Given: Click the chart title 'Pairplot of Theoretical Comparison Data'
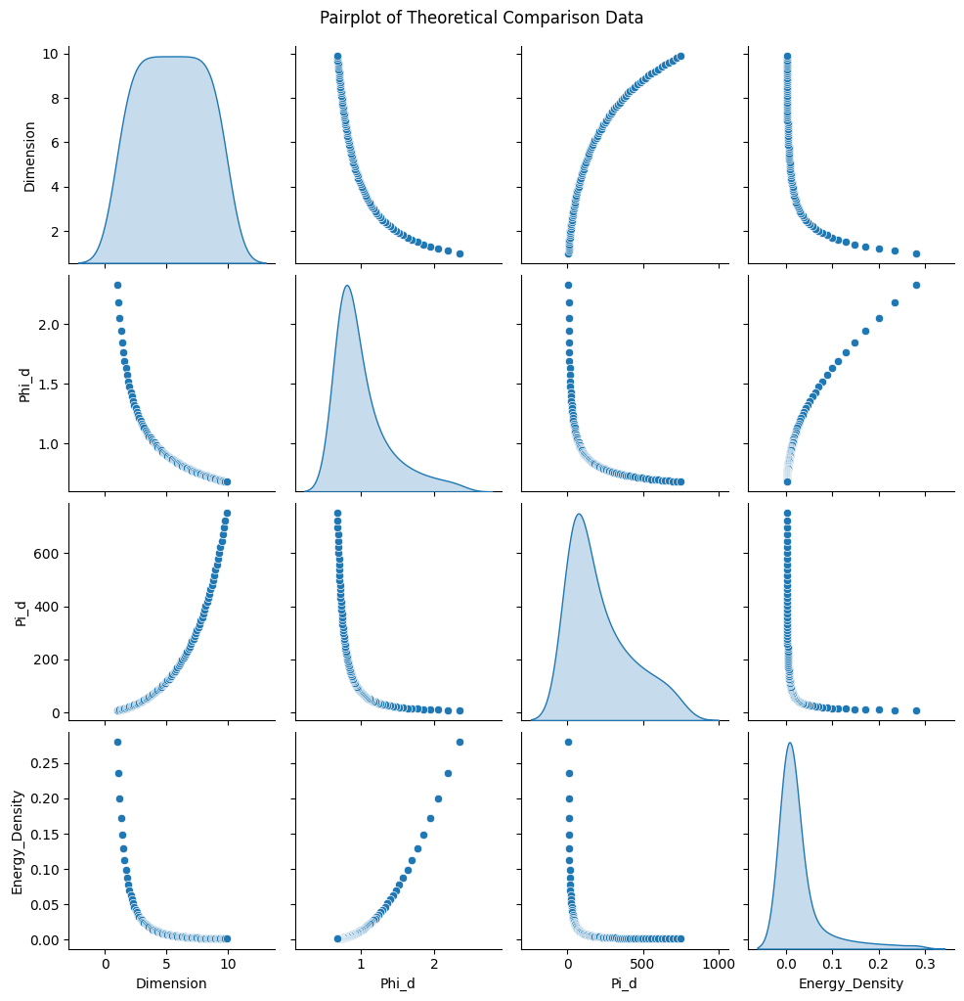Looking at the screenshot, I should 481,18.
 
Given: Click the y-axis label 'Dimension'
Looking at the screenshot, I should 29,157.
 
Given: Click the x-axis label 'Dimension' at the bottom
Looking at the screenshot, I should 166,983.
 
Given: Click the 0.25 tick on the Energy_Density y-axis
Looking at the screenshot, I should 47,762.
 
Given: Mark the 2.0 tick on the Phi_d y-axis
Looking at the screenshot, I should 47,324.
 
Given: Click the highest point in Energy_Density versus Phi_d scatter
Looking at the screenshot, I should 460,742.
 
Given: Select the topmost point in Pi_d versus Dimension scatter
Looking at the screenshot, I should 227,513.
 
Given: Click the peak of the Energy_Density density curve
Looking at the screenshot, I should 789,743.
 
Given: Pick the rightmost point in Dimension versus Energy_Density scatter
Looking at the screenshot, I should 916,253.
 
